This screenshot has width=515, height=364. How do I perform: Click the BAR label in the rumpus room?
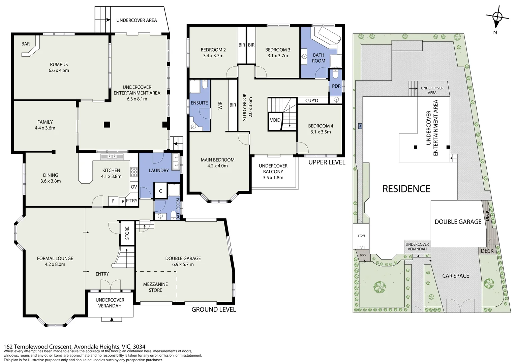26,44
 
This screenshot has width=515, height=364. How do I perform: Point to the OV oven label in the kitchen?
134,187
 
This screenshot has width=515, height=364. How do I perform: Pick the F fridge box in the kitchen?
113,201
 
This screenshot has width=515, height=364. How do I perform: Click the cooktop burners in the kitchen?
134,172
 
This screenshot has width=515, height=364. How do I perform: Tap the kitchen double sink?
112,157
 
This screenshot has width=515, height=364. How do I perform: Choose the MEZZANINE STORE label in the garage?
155,287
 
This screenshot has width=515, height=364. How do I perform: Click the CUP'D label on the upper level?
312,100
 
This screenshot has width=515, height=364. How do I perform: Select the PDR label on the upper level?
336,86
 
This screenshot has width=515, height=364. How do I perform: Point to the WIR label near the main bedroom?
220,105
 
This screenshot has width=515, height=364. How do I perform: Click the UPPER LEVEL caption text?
327,162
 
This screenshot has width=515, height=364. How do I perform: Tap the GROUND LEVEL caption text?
214,309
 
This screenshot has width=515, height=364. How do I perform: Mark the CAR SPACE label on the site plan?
455,275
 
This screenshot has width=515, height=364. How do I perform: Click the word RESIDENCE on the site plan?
406,189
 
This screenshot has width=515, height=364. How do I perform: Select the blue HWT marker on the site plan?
360,126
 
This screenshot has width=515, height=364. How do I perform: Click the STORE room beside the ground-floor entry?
127,233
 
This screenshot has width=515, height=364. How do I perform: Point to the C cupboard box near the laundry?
160,190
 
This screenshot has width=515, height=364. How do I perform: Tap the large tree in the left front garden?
380,287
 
